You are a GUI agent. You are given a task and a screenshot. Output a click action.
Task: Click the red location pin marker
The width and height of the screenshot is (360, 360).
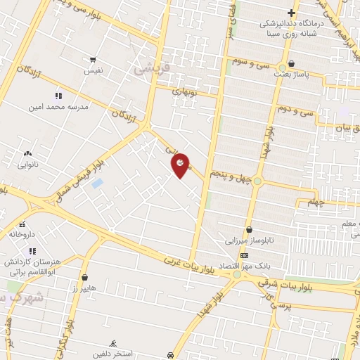tap(181, 165)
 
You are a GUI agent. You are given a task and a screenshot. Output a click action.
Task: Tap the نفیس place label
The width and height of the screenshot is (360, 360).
tap(94, 71)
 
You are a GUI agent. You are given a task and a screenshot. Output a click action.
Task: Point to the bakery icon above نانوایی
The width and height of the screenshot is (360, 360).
tap(27, 153)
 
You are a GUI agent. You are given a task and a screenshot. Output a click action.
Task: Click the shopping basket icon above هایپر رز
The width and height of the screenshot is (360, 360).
tap(85, 278)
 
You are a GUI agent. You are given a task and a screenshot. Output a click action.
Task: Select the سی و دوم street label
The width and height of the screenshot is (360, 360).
tap(294, 110)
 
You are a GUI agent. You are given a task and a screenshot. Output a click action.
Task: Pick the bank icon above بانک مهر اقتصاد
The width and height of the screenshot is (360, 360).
tap(244, 255)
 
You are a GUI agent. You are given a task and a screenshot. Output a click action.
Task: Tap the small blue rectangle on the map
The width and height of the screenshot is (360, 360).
tap(97, 183)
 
